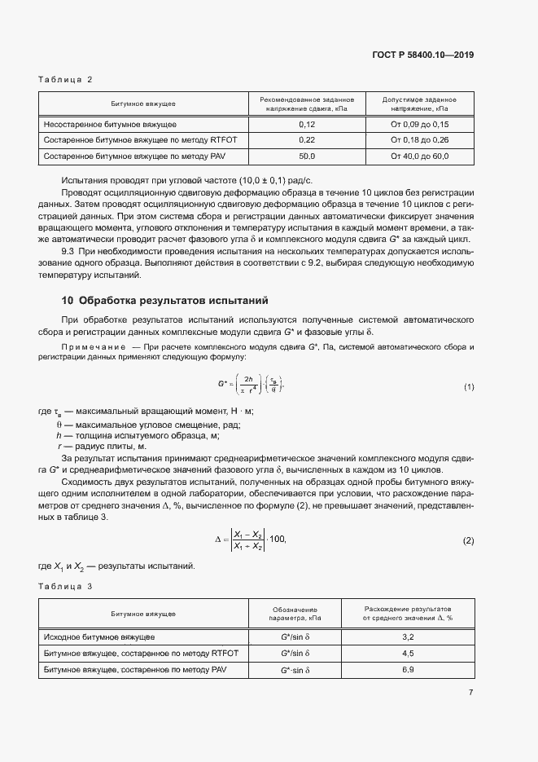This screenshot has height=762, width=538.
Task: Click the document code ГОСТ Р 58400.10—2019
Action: [x=424, y=55]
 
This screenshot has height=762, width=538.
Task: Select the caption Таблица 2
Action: [x=66, y=79]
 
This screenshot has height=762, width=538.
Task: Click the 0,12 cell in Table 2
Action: [x=307, y=125]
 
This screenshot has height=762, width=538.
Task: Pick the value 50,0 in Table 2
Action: [x=307, y=156]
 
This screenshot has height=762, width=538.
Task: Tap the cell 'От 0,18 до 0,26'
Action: [x=419, y=140]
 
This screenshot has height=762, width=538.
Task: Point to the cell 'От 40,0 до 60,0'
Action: [x=419, y=156]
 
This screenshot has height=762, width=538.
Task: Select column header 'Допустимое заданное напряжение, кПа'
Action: [x=419, y=104]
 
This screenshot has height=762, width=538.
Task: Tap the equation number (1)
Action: [x=468, y=386]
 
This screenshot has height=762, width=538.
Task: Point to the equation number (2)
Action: [x=468, y=541]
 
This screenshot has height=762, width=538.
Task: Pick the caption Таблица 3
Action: [x=66, y=587]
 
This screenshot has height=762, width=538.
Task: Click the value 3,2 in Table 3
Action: [x=408, y=636]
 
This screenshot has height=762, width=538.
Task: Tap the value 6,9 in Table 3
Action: [x=408, y=669]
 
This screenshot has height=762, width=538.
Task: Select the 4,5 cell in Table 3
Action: [x=408, y=653]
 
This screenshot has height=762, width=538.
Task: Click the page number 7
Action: [x=470, y=693]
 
